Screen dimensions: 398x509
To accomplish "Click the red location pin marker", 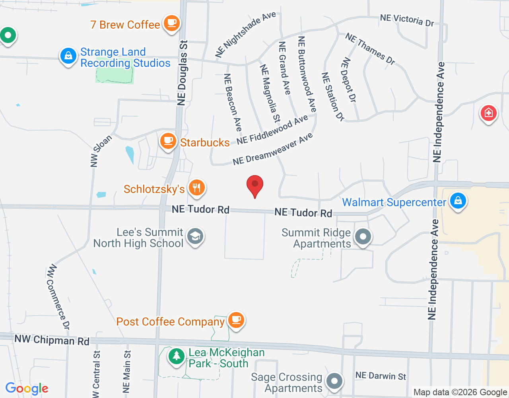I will (x=255, y=185).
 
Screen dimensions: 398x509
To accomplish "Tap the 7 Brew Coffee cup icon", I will (x=171, y=23).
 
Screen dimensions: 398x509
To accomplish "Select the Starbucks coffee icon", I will (x=168, y=141).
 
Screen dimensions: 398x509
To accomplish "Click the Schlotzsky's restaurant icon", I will (x=196, y=187).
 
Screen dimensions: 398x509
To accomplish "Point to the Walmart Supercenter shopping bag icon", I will (x=458, y=201).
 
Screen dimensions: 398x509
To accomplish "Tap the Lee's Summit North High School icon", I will (x=195, y=236).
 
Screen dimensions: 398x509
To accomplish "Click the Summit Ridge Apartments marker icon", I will (x=363, y=237).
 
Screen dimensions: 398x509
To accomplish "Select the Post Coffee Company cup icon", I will (x=236, y=320).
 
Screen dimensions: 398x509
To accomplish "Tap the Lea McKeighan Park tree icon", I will (x=176, y=356).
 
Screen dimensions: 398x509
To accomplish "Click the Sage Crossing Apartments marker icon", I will (x=334, y=381).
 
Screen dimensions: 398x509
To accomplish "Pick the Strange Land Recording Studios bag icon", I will (x=68, y=56).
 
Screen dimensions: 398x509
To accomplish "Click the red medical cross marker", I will (x=488, y=113).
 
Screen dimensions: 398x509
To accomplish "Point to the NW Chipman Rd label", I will (x=52, y=340).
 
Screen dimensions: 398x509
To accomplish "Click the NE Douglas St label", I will (x=183, y=73).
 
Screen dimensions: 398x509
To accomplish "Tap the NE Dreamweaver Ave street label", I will (x=273, y=150).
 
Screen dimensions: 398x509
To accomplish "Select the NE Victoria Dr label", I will (x=407, y=20).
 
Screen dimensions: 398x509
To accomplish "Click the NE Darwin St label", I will (x=381, y=376).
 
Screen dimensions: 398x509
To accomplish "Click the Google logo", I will (x=27, y=388).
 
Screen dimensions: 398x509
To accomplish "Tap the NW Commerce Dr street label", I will (x=58, y=297).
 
